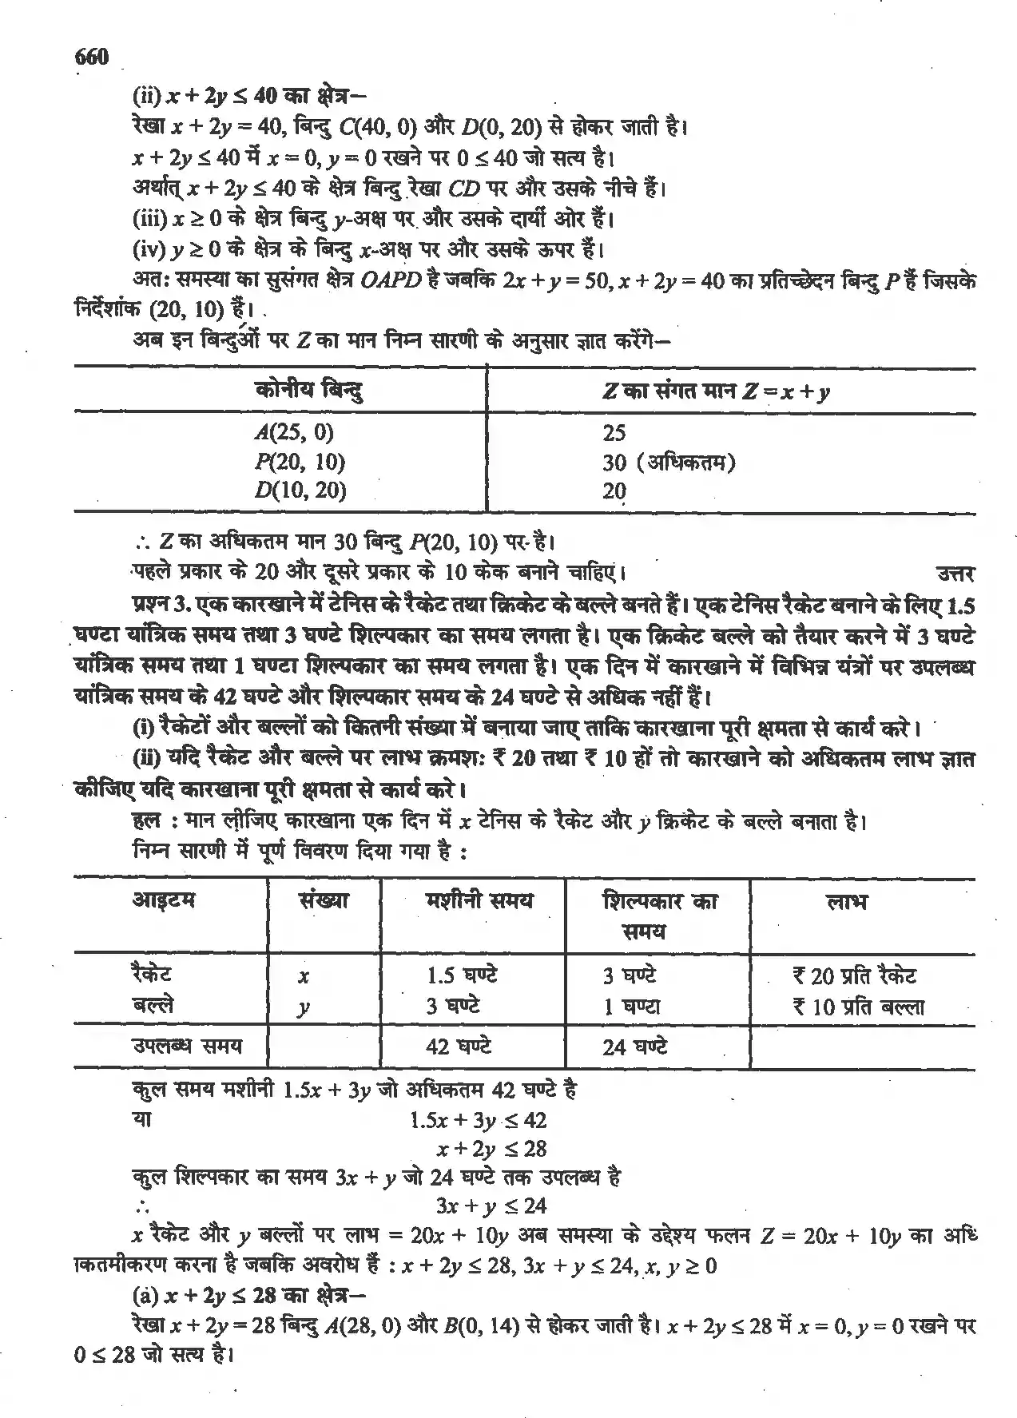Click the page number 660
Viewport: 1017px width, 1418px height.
click(90, 57)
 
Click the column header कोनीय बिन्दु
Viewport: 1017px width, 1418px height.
click(310, 391)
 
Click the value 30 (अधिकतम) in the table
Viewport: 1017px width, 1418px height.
click(669, 462)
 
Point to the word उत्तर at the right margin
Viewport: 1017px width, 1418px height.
click(954, 573)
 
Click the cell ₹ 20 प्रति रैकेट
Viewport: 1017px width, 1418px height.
click(854, 975)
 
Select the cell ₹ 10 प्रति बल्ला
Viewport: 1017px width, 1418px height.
click(858, 1007)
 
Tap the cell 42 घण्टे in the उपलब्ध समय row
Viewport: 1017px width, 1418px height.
click(458, 1046)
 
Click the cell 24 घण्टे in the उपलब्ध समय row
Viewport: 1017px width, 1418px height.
click(634, 1047)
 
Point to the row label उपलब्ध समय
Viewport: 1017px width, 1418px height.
click(186, 1046)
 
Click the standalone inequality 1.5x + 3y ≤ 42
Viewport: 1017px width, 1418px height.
click(478, 1120)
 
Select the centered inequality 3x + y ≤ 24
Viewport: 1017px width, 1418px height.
click(491, 1205)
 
